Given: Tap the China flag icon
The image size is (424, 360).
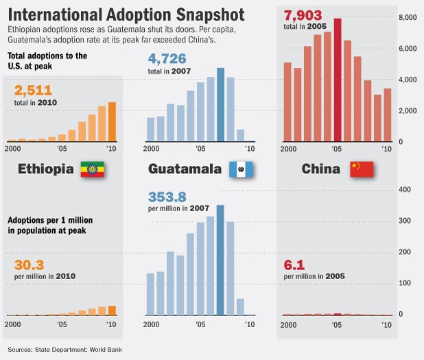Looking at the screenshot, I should click(x=361, y=169).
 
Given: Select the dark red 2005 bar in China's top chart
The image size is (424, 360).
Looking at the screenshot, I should click(x=338, y=80).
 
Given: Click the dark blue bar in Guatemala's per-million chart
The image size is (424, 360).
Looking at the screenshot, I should click(x=220, y=260).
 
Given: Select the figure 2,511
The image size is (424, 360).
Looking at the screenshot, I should click(x=33, y=91).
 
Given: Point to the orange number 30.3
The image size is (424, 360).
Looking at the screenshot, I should click(x=29, y=264).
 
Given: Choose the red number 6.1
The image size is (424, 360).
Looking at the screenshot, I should click(x=294, y=264).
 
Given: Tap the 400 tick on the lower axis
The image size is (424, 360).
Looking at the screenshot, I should click(x=405, y=190).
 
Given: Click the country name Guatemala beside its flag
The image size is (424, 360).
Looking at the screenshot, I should click(x=185, y=169).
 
